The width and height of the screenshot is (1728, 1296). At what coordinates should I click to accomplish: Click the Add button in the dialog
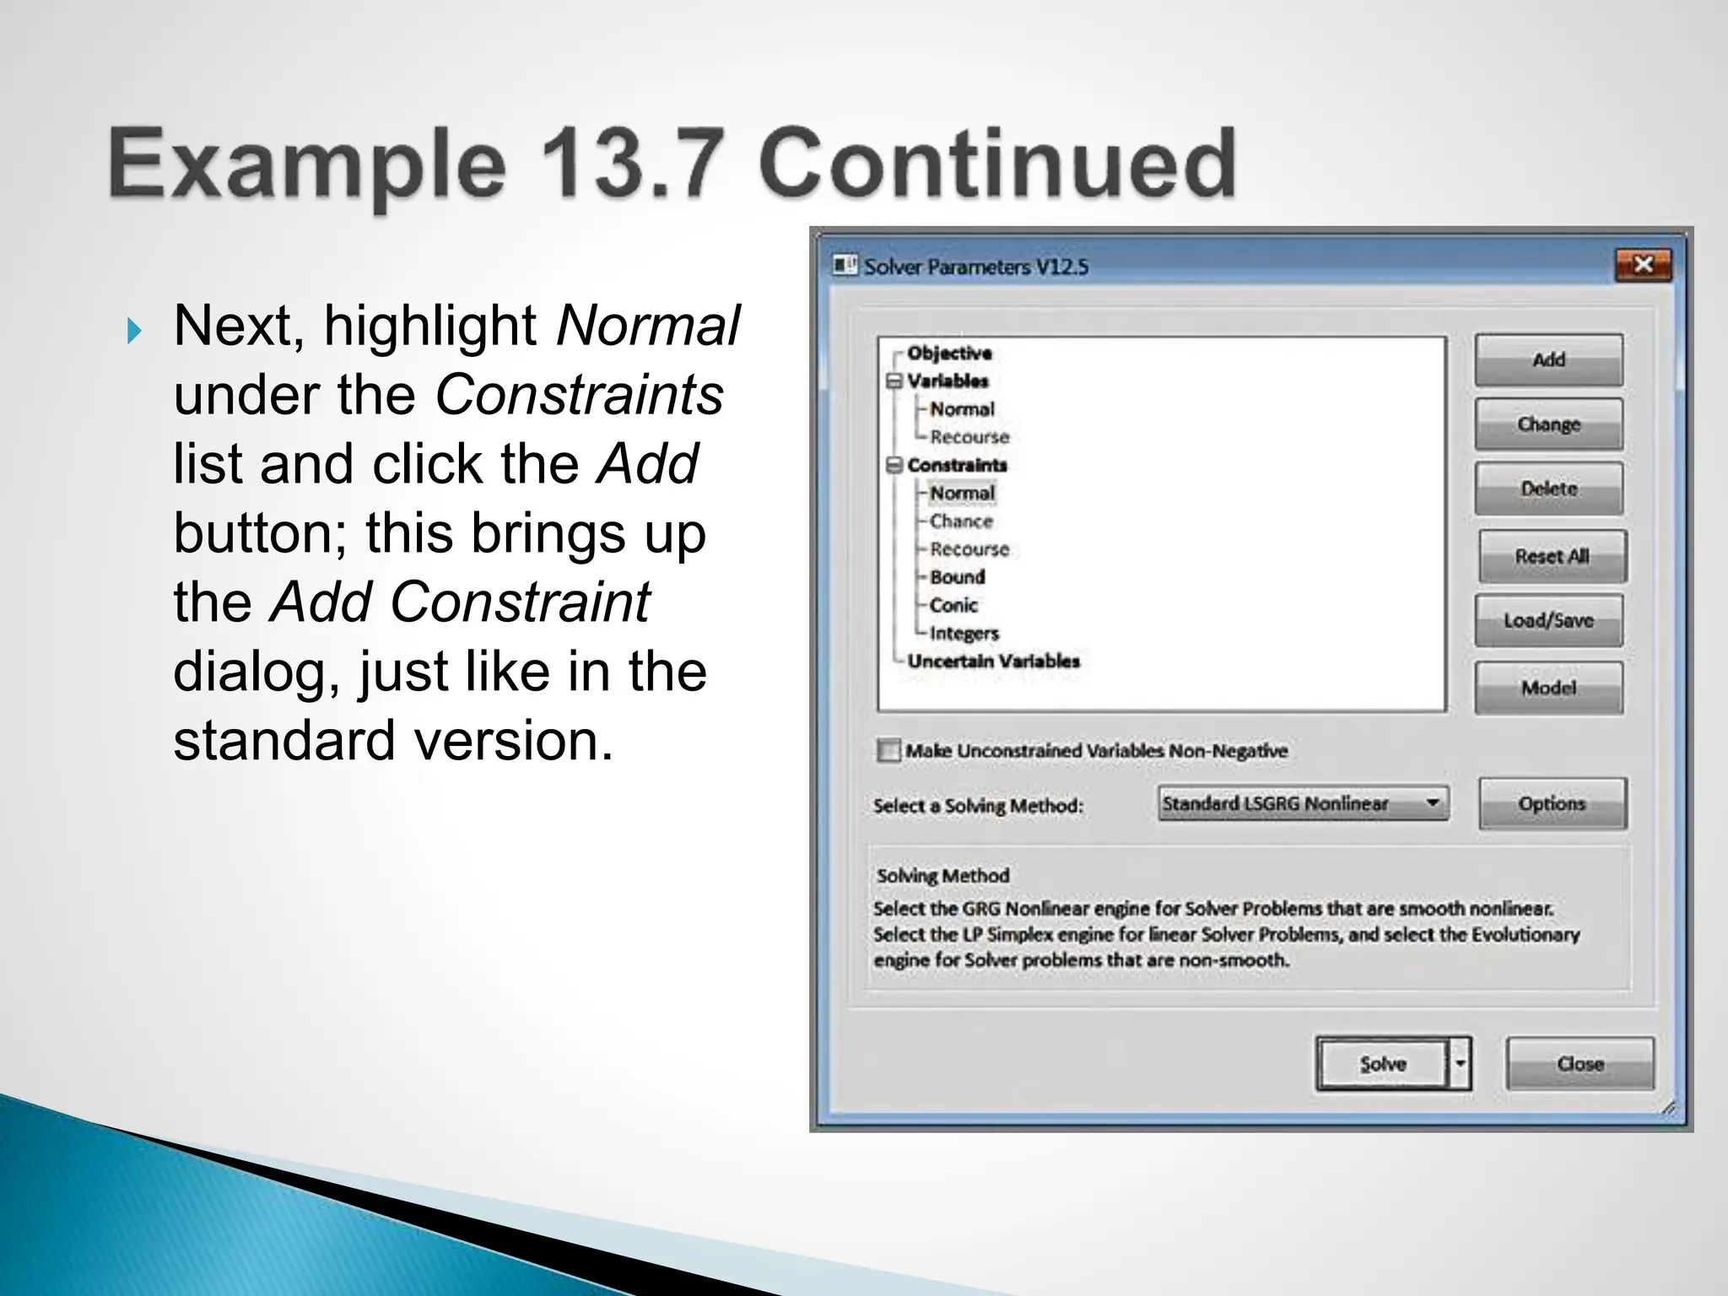(1548, 360)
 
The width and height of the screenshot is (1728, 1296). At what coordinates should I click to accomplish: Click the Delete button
(1548, 489)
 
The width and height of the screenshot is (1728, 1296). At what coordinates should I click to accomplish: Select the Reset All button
(1552, 556)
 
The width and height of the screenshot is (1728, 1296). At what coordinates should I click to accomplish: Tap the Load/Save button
(1548, 620)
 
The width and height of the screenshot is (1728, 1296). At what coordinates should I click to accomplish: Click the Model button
(1548, 688)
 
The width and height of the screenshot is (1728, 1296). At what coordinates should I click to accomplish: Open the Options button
(1552, 804)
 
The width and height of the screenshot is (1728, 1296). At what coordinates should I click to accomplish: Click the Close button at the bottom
(1579, 1064)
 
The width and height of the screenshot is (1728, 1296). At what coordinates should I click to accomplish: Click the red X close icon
(1643, 265)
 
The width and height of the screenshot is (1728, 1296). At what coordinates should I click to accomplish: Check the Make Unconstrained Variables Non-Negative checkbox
(888, 750)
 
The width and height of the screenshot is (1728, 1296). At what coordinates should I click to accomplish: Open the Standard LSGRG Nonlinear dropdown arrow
(1433, 803)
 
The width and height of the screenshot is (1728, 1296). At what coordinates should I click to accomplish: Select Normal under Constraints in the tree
(962, 493)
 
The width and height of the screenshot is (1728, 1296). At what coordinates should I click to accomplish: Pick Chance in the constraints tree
(961, 521)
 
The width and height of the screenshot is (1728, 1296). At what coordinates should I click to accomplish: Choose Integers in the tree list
(964, 633)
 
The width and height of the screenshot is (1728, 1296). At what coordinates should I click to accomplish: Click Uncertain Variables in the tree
(993, 661)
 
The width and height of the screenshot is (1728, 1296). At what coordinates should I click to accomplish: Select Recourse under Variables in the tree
(969, 437)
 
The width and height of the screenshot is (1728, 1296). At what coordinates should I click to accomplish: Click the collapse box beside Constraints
(894, 465)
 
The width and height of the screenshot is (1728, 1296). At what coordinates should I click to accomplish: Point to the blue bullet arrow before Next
(134, 331)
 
